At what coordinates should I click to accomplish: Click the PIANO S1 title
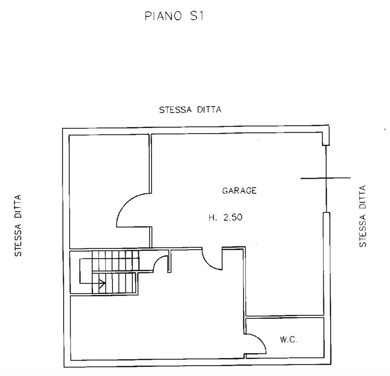point(174,16)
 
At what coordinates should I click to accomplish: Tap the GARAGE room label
point(239,190)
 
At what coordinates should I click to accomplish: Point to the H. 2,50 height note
point(225,218)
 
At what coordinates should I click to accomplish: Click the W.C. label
point(288,339)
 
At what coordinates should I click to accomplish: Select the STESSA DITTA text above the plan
point(190,110)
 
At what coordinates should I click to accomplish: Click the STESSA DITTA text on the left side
point(18,226)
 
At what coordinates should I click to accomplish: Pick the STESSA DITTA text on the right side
point(363,216)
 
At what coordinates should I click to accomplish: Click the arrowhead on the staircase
point(103,283)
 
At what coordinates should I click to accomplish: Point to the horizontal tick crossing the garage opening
point(325,178)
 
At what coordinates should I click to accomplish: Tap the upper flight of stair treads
point(116,261)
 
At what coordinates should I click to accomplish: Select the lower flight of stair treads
point(114,283)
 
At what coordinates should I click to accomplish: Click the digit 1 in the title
point(201,16)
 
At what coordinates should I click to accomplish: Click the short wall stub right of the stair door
point(169,261)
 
